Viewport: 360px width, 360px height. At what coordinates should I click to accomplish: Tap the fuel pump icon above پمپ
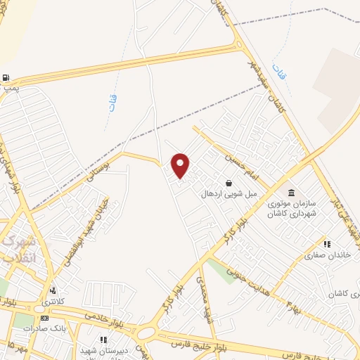[x=6, y=78]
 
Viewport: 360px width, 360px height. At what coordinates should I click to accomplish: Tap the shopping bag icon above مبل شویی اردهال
[x=229, y=183]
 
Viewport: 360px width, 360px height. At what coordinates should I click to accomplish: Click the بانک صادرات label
[x=39, y=328]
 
